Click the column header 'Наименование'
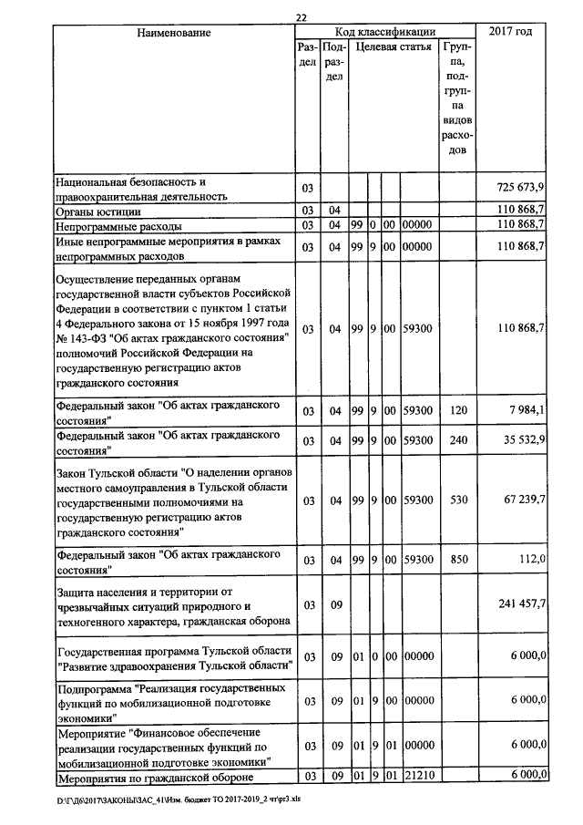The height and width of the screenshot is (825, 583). coord(174,33)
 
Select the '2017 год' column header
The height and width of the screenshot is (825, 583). coord(510,33)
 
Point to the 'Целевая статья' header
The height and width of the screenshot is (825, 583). coord(394,46)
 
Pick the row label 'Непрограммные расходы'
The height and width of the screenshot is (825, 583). coord(119,225)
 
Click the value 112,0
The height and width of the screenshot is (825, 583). coord(530,559)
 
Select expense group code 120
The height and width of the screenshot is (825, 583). coord(458,410)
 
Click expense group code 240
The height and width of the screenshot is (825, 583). coord(458,441)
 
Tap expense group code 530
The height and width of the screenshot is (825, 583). coord(458,500)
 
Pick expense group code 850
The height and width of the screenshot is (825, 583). coord(458,559)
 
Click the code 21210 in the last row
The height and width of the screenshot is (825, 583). coord(417,777)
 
